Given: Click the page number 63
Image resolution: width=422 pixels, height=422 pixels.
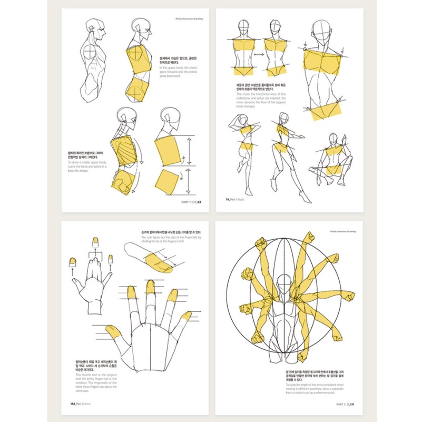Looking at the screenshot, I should click(199, 201).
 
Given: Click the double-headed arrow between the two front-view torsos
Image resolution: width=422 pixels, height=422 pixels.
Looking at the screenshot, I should click(258, 54).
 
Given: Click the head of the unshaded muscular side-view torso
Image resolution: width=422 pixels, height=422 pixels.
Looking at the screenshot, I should click(92, 26).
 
